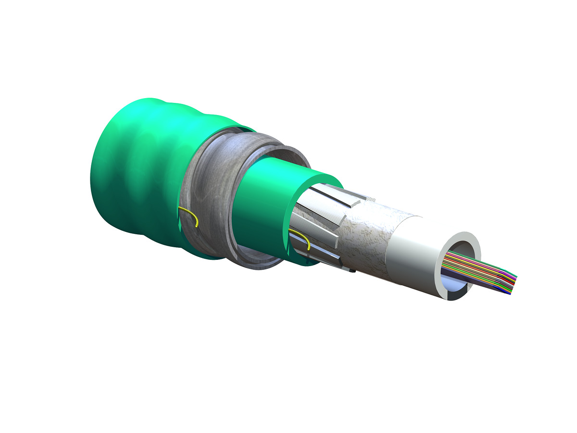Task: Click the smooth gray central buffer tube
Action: point(414,260)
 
